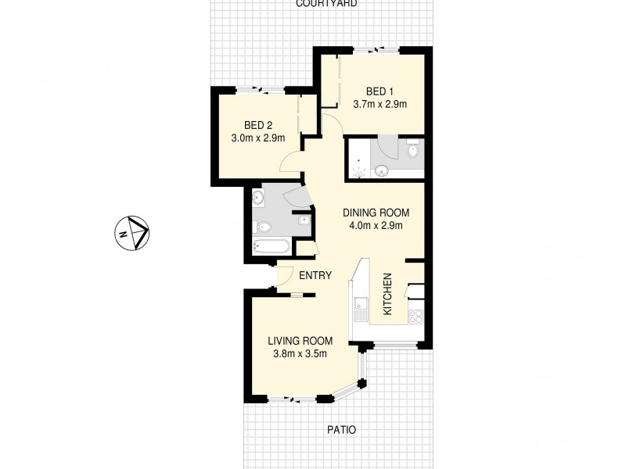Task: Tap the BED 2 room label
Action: pyautogui.click(x=257, y=125)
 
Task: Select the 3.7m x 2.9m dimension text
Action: pyautogui.click(x=380, y=104)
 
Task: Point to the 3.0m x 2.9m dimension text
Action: pyautogui.click(x=257, y=138)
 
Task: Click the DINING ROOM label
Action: pyautogui.click(x=376, y=213)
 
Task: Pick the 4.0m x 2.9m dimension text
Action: pyautogui.click(x=376, y=227)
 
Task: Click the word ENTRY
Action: pyautogui.click(x=315, y=275)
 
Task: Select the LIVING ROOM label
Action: pyautogui.click(x=300, y=341)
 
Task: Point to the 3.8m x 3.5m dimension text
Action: pyautogui.click(x=300, y=354)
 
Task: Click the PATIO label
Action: pyautogui.click(x=340, y=430)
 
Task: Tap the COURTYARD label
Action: pyautogui.click(x=326, y=4)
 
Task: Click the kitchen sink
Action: pyautogui.click(x=360, y=310)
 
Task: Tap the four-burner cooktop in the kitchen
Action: pyautogui.click(x=415, y=317)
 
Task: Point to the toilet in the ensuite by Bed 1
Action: pyautogui.click(x=413, y=149)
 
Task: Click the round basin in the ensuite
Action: pyautogui.click(x=382, y=170)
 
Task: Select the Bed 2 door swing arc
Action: pyautogui.click(x=291, y=162)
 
